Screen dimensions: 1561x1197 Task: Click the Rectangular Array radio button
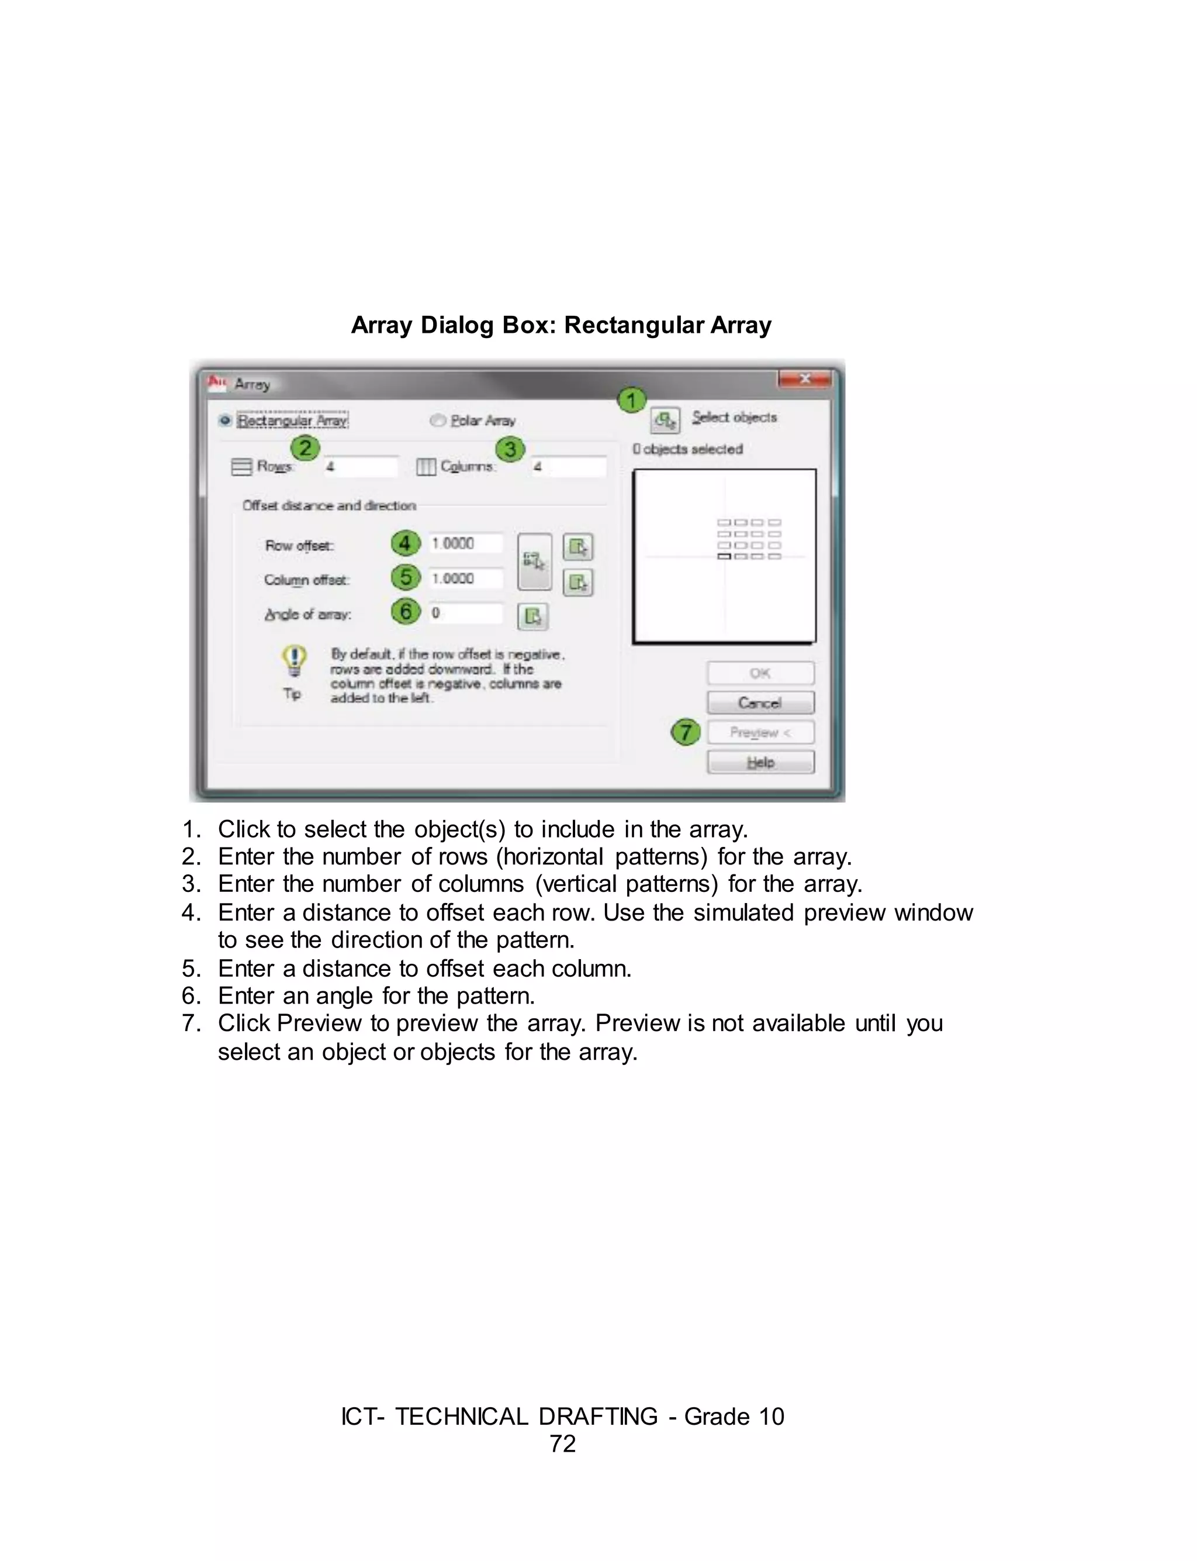point(225,421)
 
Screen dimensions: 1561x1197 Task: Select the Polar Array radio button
point(437,421)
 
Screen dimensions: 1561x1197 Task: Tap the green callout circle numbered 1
point(631,401)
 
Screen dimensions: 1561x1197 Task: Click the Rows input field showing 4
point(361,467)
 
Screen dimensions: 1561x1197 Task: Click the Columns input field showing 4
point(569,467)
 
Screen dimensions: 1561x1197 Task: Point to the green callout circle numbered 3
point(510,449)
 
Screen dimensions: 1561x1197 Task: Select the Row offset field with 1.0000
point(465,544)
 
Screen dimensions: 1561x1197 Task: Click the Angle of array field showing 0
point(465,613)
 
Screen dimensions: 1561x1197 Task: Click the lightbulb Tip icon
point(294,661)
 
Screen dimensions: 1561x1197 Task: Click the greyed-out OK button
point(760,673)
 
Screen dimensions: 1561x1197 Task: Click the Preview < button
point(760,732)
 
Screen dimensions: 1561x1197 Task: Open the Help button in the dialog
point(760,762)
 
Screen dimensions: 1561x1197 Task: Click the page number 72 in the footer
point(563,1443)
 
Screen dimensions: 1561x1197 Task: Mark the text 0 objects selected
point(687,449)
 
